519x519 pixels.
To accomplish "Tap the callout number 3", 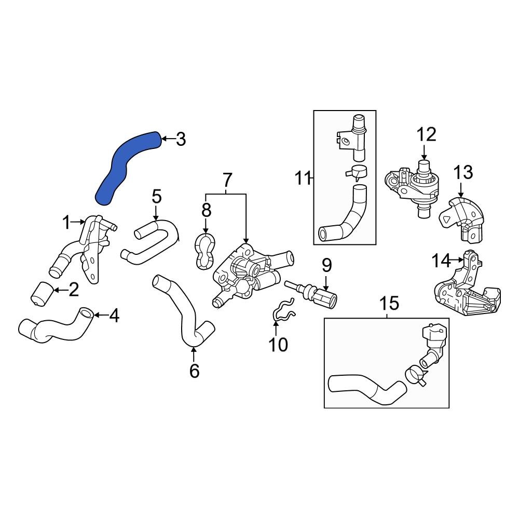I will point(180,139).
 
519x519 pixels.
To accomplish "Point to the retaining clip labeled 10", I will point(283,310).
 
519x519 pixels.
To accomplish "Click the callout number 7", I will point(227,181).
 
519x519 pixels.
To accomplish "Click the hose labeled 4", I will point(54,330).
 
